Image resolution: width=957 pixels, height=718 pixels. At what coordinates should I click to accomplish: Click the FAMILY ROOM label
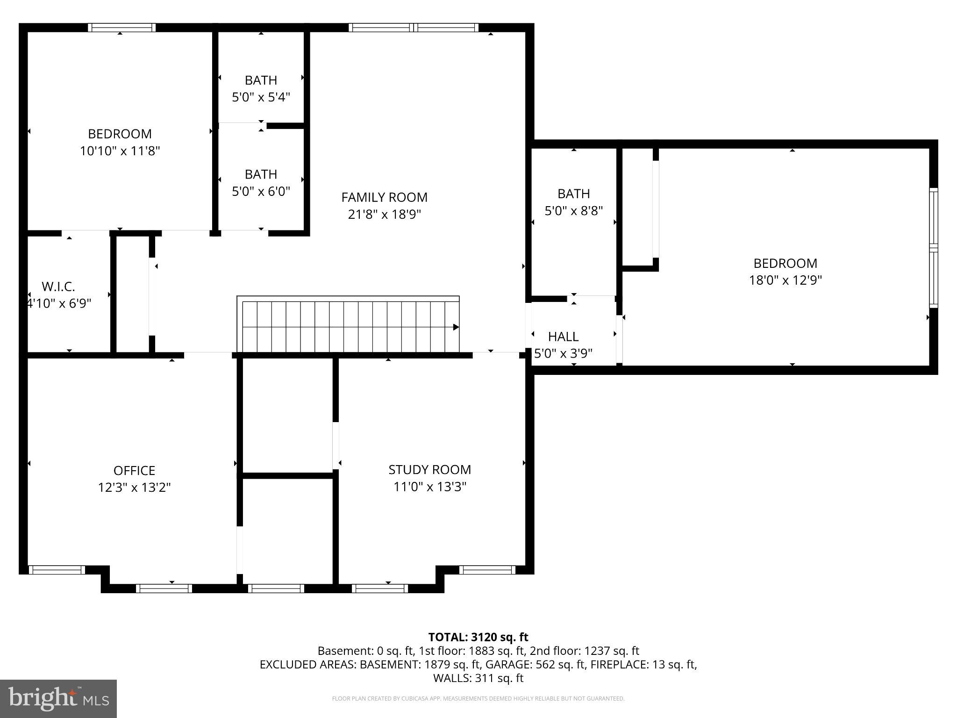click(384, 197)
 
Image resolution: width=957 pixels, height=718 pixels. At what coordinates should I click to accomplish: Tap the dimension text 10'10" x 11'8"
click(120, 151)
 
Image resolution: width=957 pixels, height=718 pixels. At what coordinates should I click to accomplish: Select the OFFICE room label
click(134, 470)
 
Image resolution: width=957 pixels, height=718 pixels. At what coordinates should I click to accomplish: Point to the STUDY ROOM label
click(429, 469)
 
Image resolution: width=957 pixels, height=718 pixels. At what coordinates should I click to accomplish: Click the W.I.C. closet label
click(58, 286)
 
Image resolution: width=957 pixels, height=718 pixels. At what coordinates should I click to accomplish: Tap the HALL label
click(563, 337)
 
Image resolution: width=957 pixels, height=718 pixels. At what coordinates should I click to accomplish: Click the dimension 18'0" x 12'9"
click(785, 280)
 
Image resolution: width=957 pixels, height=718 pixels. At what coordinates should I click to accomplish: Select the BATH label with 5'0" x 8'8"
click(573, 194)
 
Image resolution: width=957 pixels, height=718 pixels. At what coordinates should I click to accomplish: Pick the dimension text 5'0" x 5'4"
click(261, 97)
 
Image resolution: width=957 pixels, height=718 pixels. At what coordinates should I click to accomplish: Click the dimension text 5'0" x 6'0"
click(261, 191)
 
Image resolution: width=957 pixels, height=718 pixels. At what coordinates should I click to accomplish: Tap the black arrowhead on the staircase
click(456, 327)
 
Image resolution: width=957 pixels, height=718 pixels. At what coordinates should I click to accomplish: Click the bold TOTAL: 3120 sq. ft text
click(478, 637)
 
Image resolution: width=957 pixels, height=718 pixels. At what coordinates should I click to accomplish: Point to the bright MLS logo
click(58, 698)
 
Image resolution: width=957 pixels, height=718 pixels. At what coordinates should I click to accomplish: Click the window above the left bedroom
click(121, 28)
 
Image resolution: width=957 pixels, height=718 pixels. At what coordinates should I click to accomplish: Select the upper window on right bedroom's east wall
click(933, 217)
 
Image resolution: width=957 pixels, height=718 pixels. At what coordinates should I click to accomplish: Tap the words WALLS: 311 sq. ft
click(478, 678)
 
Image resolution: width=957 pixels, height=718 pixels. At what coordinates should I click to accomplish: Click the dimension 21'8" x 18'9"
click(384, 215)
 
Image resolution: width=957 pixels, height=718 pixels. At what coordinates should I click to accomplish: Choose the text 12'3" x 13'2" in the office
click(134, 488)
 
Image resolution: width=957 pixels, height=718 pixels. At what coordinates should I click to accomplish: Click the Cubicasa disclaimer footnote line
click(478, 699)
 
